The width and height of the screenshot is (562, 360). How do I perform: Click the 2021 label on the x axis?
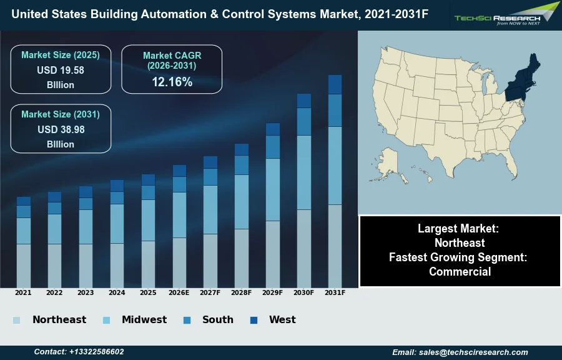[23, 292]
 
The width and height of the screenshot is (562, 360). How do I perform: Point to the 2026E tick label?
[179, 292]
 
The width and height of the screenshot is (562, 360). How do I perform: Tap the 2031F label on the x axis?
[335, 292]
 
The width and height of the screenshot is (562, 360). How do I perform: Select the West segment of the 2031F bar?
[335, 84]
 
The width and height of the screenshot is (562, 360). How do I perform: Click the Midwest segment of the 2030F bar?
[304, 172]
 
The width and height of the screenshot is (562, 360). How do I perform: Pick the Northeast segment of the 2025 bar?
[148, 264]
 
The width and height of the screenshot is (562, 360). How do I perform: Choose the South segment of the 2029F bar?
[273, 147]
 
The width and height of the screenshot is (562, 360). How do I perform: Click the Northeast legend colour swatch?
[16, 320]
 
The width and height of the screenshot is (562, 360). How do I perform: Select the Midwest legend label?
[144, 320]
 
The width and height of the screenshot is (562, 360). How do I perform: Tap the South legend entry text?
[218, 320]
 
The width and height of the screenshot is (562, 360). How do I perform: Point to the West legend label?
[282, 320]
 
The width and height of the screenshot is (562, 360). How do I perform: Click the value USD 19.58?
[61, 70]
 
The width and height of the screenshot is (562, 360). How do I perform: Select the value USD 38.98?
[61, 129]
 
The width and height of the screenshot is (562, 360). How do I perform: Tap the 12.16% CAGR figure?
[172, 82]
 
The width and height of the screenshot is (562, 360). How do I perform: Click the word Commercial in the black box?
[460, 271]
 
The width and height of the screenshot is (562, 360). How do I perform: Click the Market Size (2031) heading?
[61, 114]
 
